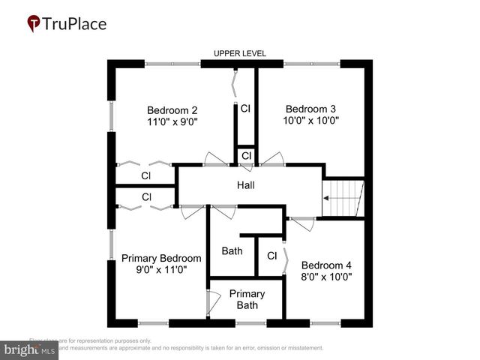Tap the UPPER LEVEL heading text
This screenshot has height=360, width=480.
click(240, 54)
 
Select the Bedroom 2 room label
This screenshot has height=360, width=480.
click(172, 108)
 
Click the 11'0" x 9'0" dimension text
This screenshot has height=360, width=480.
click(172, 121)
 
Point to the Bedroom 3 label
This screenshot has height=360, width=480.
click(310, 108)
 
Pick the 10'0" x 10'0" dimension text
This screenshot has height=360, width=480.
click(310, 120)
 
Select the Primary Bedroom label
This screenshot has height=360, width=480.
click(161, 258)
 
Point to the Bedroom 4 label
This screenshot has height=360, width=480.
click(325, 265)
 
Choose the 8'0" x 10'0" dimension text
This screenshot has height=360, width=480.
click(325, 277)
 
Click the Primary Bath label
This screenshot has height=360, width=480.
click(247, 299)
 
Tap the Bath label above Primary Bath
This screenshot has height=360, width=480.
click(232, 250)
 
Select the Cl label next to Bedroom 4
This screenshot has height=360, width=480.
click(271, 256)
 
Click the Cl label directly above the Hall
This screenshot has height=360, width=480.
click(246, 156)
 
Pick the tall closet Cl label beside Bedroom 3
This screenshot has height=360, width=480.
click(245, 109)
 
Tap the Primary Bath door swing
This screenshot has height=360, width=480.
click(214, 301)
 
